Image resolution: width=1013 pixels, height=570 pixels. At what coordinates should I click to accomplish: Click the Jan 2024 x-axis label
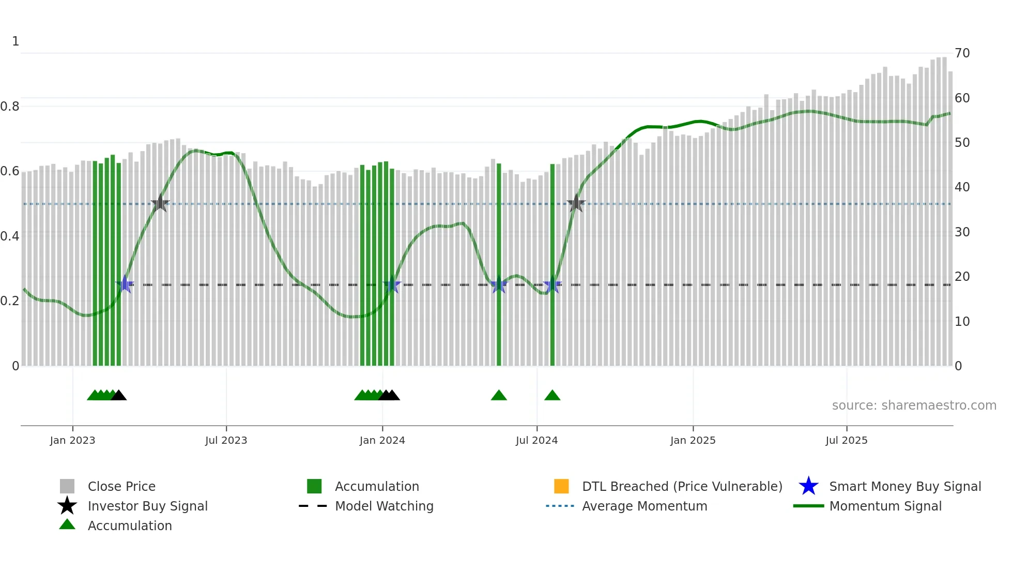point(382,440)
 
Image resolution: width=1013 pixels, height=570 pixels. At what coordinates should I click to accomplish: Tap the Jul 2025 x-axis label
point(846,440)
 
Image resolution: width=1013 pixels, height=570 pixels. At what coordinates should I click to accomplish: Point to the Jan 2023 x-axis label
point(72,440)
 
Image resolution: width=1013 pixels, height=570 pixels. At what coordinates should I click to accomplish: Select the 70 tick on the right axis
point(962,53)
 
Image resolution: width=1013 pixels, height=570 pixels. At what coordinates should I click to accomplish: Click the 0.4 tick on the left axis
point(9,236)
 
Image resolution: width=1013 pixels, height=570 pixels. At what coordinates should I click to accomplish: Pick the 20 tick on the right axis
point(962,277)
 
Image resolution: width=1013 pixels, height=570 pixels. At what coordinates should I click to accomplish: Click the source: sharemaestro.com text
point(914,406)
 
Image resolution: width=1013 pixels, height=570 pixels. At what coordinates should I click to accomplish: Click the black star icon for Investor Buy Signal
point(67,506)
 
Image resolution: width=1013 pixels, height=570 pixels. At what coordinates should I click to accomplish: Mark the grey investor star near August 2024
point(576,204)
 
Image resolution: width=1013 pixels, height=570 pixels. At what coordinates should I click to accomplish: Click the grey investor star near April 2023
point(160,204)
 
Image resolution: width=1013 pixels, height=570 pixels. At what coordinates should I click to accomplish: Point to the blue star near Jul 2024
point(552,285)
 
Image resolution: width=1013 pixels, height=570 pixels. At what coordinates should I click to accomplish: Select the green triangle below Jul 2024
point(552,396)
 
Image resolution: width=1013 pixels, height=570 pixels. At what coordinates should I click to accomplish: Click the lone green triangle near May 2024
point(499,396)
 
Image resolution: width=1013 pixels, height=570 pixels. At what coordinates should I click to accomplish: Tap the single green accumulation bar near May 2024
point(499,264)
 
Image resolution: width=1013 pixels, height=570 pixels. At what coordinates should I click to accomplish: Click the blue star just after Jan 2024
point(392,285)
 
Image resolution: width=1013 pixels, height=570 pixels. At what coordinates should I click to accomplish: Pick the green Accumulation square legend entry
point(314,487)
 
